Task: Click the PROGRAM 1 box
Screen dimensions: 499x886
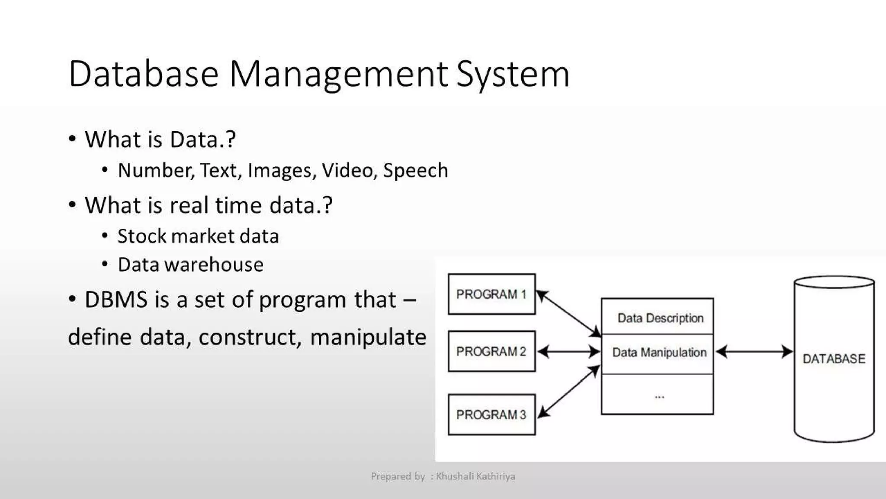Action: [491, 294]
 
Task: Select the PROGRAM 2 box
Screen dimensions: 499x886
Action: [491, 351]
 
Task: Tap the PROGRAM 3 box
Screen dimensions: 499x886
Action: [491, 415]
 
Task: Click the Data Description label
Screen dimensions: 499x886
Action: [660, 318]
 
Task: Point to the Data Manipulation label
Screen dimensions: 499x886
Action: [659, 352]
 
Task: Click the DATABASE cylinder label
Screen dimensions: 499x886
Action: [834, 359]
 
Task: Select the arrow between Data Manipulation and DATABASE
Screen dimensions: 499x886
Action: [754, 352]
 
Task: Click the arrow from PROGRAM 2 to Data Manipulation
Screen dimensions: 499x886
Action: [568, 352]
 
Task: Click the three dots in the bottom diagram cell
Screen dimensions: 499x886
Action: [659, 396]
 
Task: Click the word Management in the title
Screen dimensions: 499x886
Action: [338, 74]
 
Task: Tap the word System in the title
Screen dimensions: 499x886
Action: [513, 74]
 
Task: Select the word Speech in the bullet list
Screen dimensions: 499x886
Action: [415, 170]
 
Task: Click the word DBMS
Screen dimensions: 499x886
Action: [116, 300]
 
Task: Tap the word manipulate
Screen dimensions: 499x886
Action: [368, 337]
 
